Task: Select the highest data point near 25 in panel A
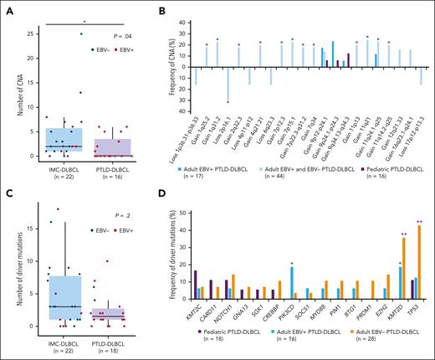tap(81, 33)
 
